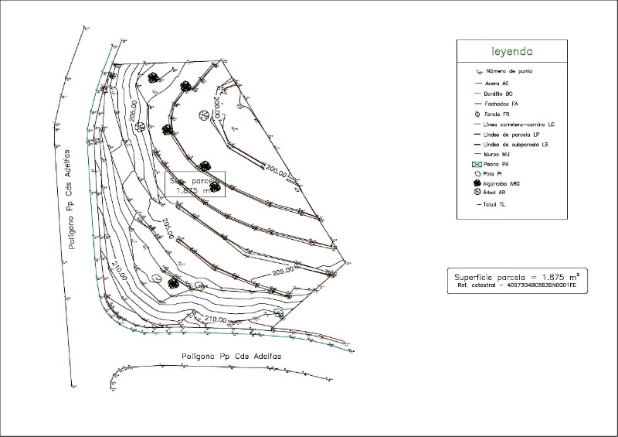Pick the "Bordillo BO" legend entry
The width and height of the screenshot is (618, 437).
(499, 93)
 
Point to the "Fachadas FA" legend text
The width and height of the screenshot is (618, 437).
(501, 103)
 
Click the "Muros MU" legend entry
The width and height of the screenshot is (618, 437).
(497, 154)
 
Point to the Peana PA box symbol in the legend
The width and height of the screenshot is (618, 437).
(477, 165)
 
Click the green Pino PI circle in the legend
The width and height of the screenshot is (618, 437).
(477, 175)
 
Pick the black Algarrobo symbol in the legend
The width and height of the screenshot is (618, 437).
(477, 184)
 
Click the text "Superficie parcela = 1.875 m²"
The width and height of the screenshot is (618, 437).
(517, 276)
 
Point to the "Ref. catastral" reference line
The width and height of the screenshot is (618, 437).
(517, 286)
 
